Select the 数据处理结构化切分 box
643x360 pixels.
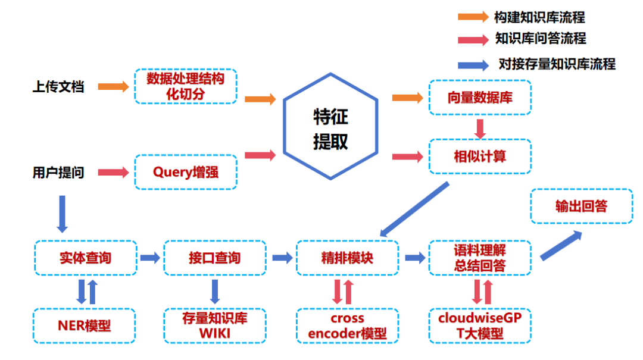pos(186,86)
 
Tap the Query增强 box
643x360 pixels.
pos(186,173)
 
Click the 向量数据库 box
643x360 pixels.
pos(479,98)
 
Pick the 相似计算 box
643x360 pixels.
pos(479,156)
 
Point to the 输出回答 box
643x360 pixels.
pos(581,206)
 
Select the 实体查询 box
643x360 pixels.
pos(86,258)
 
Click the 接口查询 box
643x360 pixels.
pos(214,258)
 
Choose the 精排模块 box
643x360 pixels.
pos(347,258)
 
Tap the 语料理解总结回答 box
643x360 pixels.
pos(479,258)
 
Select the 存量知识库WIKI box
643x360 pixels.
pos(214,325)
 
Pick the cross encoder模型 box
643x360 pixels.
pos(347,325)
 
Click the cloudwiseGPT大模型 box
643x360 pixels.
pos(479,325)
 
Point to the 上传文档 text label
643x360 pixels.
pos(58,87)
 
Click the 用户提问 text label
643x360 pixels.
pos(58,173)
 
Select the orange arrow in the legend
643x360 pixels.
pos(473,17)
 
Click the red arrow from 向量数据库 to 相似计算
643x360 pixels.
pos(480,127)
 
